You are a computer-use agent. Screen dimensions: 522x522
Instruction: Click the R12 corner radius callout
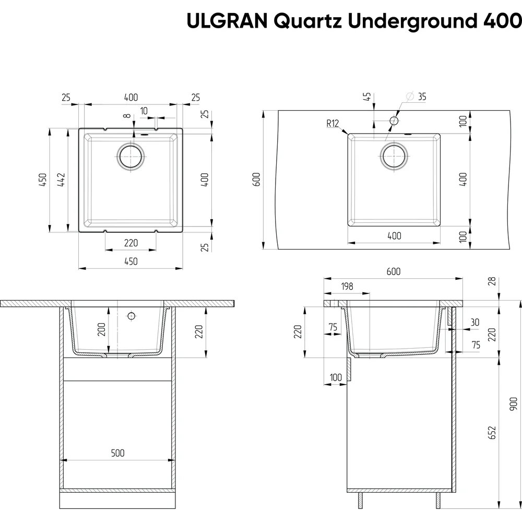[333, 124]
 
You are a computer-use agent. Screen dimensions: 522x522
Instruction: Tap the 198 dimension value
[346, 286]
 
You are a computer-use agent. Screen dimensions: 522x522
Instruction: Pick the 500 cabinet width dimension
[117, 453]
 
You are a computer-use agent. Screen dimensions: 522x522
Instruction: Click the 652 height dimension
[492, 432]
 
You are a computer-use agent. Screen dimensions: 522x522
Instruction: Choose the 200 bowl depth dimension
[101, 329]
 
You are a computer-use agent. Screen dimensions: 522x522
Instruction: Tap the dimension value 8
[127, 116]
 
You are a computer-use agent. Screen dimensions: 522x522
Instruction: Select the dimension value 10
[144, 111]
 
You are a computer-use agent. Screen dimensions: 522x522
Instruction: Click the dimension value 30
[474, 323]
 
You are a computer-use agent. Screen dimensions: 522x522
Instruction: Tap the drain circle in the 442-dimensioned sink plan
[130, 156]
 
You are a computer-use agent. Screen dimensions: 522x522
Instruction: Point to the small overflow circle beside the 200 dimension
[132, 316]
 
